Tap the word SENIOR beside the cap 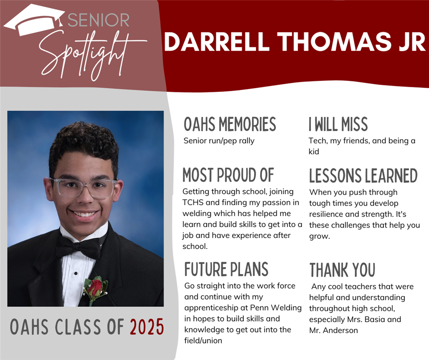click(x=99, y=20)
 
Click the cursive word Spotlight click(x=90, y=55)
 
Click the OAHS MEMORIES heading click(x=230, y=124)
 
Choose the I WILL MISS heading click(x=338, y=124)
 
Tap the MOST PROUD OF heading click(x=228, y=175)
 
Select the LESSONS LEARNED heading click(x=363, y=175)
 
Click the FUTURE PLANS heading click(x=226, y=269)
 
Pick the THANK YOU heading click(x=342, y=270)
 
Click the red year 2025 click(x=147, y=327)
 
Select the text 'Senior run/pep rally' click(x=219, y=141)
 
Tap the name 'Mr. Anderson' click(x=334, y=330)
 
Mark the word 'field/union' click(x=203, y=341)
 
